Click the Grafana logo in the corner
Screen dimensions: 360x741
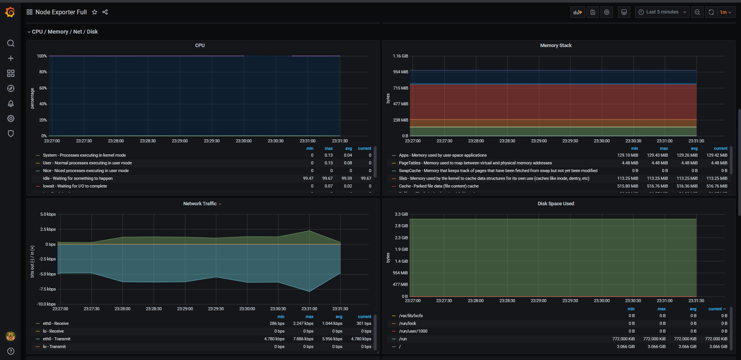(10, 12)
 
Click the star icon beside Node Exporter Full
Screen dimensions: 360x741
(95, 12)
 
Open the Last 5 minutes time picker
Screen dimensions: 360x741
(662, 12)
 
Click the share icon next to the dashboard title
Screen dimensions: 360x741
(105, 12)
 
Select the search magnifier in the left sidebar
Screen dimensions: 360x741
(11, 43)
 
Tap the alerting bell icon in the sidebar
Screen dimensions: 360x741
(11, 103)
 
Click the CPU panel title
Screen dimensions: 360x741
(200, 46)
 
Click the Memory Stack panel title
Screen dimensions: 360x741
(556, 46)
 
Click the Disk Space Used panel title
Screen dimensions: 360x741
(556, 204)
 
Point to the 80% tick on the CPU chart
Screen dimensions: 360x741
(43, 72)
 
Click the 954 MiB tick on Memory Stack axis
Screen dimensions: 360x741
(401, 72)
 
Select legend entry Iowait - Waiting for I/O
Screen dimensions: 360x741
(75, 186)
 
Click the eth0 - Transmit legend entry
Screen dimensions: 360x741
(57, 339)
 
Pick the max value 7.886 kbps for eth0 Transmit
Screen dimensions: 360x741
(303, 339)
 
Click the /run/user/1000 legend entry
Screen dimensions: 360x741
(413, 331)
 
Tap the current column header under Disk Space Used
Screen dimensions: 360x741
(717, 309)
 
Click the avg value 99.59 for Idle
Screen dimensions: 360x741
(347, 178)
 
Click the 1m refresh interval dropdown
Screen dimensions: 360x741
(726, 12)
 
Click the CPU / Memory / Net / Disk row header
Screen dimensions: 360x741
(64, 32)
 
